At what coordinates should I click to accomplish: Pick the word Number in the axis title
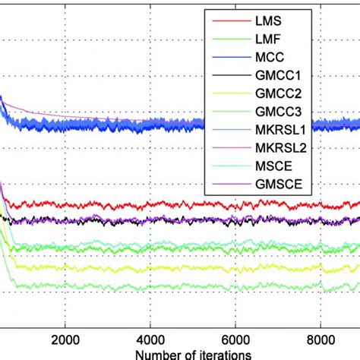(x=155, y=355)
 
